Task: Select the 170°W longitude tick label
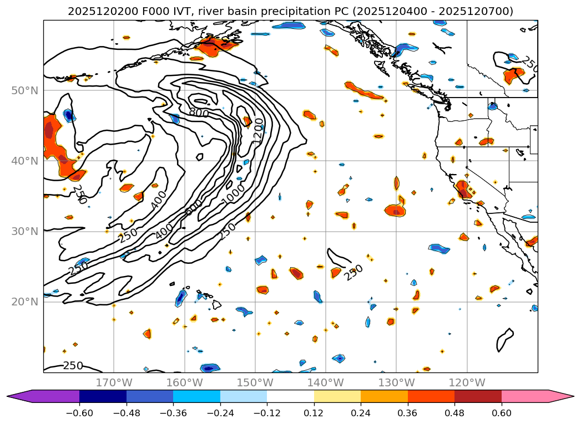[x=114, y=382]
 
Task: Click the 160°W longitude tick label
[x=184, y=382]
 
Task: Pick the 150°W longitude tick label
[x=255, y=382]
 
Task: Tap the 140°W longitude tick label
[x=325, y=382]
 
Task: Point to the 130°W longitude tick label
[x=396, y=382]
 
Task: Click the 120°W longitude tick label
[x=466, y=382]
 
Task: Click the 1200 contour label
[x=258, y=131]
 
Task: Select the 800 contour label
[x=198, y=113]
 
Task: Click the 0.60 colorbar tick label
[x=501, y=413]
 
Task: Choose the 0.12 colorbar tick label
[x=314, y=413]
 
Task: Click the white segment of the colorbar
[x=290, y=396]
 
